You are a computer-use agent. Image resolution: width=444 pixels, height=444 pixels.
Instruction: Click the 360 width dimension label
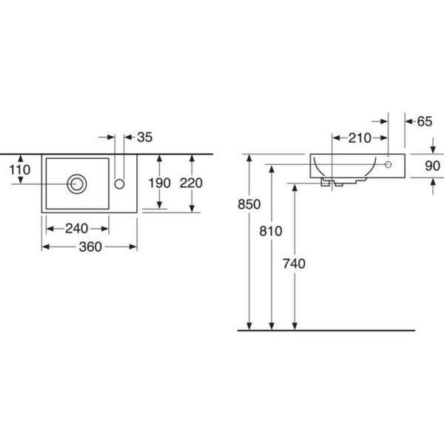90,247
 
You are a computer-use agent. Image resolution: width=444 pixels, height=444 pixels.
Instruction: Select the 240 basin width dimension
76,229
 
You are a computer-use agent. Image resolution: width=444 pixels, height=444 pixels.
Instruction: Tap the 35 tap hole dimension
145,138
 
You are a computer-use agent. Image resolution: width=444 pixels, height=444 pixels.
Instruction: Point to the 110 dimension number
20,170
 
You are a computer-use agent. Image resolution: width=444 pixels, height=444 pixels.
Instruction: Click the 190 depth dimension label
159,183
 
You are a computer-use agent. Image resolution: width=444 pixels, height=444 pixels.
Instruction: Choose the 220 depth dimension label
191,183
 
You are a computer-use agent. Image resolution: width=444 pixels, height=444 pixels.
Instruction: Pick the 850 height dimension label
249,204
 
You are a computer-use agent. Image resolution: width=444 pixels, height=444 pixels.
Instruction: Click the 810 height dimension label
271,232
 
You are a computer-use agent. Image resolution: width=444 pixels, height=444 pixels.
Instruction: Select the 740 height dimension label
295,264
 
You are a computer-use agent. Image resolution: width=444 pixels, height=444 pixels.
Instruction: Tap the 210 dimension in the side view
360,138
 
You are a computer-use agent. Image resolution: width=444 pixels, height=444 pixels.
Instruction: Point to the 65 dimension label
425,122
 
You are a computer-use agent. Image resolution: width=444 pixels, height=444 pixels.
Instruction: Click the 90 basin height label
432,166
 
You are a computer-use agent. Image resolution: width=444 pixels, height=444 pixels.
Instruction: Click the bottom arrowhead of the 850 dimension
249,326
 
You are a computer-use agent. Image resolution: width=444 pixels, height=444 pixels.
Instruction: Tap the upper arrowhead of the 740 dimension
295,187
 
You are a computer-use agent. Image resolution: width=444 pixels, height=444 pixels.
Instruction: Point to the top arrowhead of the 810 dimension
272,169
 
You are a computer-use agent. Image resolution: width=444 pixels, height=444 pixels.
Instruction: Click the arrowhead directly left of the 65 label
409,122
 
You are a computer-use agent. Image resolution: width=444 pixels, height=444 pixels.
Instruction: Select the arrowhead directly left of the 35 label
128,138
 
